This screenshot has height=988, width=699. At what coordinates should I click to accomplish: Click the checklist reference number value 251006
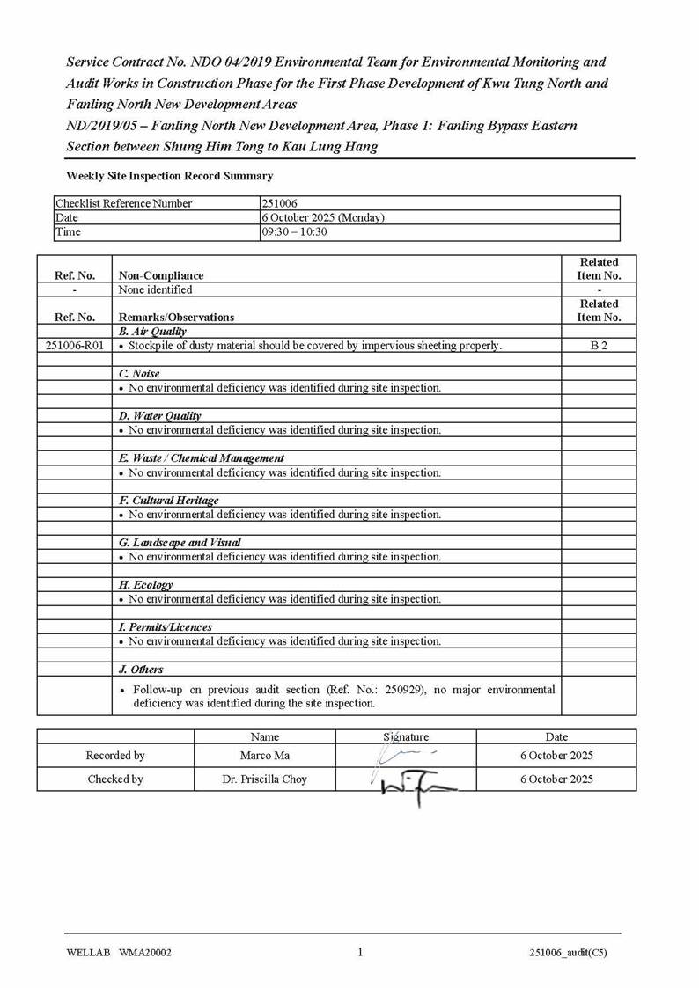click(280, 203)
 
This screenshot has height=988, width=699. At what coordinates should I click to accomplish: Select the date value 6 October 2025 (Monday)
click(323, 217)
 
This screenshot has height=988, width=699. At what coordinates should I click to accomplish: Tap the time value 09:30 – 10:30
click(294, 231)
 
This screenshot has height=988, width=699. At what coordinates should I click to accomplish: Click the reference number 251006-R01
click(74, 346)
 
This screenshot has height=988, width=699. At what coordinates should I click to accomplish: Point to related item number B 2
click(599, 346)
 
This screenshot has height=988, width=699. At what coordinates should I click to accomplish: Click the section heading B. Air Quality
click(152, 332)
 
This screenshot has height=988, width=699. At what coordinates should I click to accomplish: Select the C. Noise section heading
click(139, 374)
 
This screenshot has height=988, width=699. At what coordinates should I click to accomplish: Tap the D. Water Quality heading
click(160, 416)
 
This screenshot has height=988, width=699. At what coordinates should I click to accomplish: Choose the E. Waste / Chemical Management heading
click(202, 458)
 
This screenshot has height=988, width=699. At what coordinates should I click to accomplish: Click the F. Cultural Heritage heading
click(168, 501)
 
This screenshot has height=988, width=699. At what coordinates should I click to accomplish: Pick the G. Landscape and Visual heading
click(180, 543)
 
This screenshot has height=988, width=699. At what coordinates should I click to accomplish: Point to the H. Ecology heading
click(146, 585)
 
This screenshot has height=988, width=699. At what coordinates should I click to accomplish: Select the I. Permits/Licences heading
click(166, 627)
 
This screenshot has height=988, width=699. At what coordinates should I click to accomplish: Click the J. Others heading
click(141, 670)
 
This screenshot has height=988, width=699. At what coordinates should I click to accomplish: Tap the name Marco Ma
click(264, 756)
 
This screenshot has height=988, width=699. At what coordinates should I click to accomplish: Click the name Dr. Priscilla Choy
click(264, 779)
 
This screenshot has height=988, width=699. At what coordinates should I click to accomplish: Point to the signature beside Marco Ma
click(404, 754)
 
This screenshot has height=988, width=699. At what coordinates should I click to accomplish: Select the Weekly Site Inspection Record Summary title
click(169, 176)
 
